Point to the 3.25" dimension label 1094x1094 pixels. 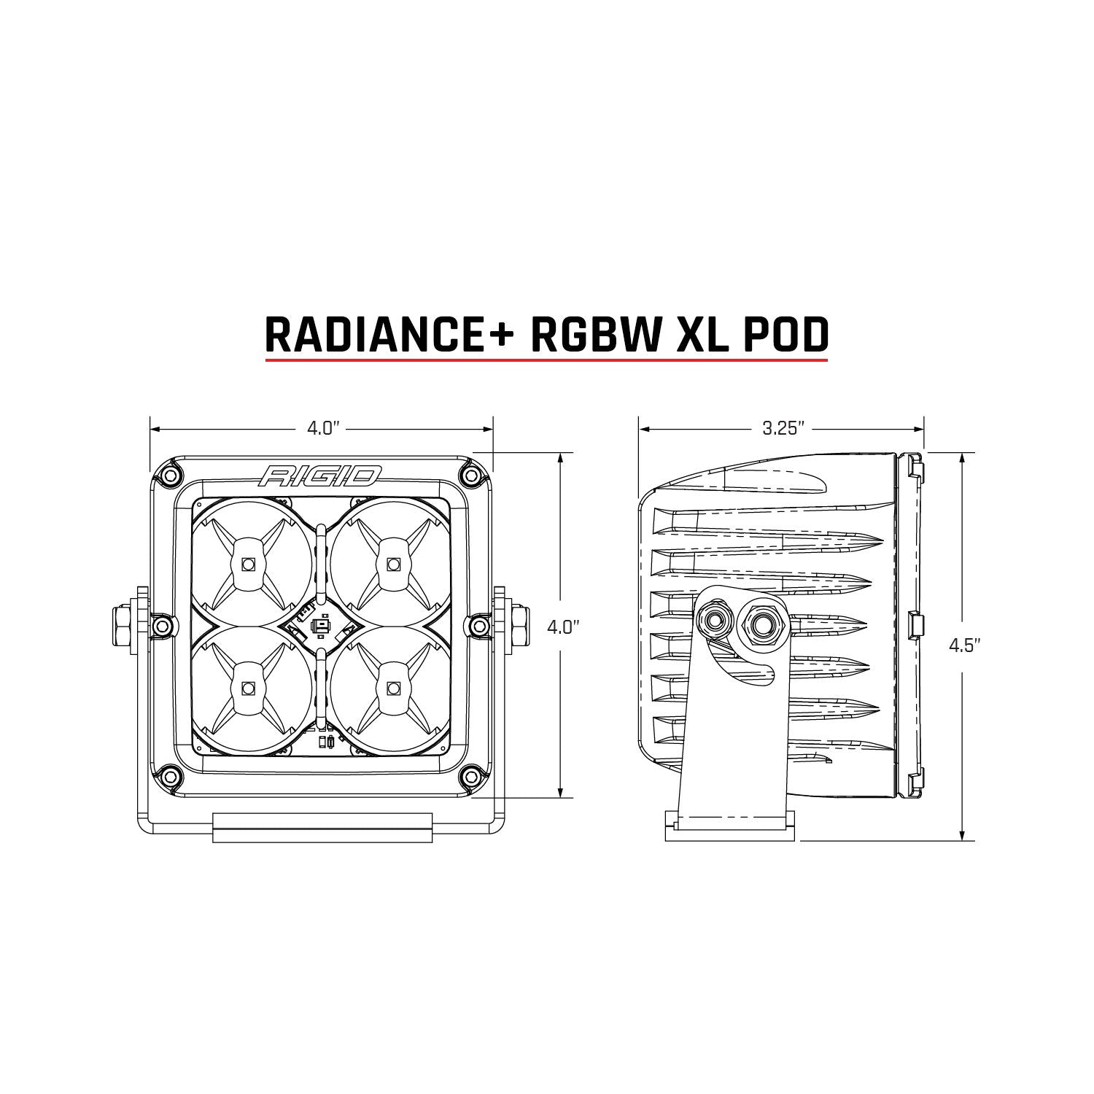(x=783, y=428)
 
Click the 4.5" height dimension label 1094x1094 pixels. (x=963, y=645)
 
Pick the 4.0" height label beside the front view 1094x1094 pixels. (x=562, y=626)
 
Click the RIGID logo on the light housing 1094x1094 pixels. (x=320, y=476)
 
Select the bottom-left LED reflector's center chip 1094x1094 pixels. (x=248, y=687)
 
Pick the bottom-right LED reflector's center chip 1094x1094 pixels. (x=395, y=687)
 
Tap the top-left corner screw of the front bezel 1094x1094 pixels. (x=170, y=476)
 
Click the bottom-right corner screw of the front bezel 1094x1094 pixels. (x=471, y=775)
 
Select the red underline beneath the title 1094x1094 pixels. (x=546, y=360)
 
